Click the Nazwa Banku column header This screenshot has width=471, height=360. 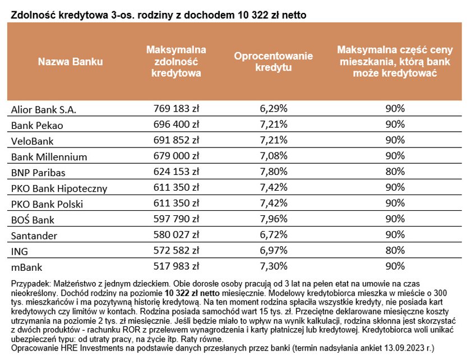[70, 62]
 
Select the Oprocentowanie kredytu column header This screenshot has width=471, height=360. [274, 62]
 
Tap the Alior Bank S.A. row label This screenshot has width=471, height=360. [44, 110]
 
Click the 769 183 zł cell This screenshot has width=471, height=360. [176, 108]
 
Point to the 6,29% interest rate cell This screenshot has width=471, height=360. [274, 108]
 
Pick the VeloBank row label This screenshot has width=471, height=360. [32, 141]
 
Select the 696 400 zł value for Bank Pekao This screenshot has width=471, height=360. [176, 124]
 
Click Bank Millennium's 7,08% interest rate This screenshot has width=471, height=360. [274, 156]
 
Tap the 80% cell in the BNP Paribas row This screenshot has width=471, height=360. [395, 172]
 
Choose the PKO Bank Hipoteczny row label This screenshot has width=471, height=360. [59, 188]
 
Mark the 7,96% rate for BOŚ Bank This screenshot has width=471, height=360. [274, 219]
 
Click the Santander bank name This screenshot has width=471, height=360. [34, 236]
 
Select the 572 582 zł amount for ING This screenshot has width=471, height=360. [176, 250]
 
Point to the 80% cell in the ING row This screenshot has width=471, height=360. [395, 250]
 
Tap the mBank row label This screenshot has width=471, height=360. [26, 267]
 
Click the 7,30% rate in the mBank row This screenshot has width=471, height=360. [274, 266]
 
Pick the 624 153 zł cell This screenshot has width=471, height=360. [176, 172]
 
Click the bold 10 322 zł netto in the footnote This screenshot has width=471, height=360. [192, 293]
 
